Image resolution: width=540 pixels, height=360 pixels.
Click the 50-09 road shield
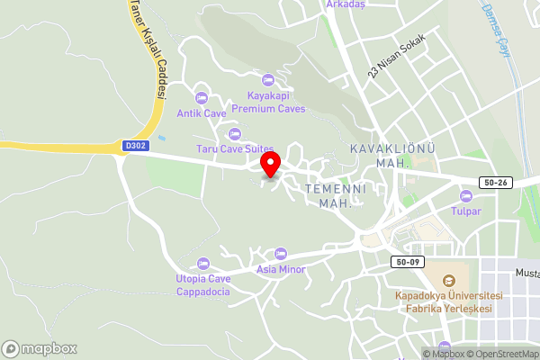click(406, 262)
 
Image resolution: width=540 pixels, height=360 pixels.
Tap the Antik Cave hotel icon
click(201, 97)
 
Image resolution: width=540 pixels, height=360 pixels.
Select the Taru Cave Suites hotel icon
click(235, 133)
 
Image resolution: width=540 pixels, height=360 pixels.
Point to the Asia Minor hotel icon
click(281, 254)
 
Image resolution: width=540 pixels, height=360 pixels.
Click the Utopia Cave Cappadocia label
click(202, 284)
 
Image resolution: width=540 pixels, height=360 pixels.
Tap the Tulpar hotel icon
click(465, 196)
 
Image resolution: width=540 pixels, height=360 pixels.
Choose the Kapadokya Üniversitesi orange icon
click(449, 279)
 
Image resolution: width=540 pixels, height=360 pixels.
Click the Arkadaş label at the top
click(346, 4)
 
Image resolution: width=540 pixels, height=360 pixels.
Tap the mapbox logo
click(40, 348)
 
